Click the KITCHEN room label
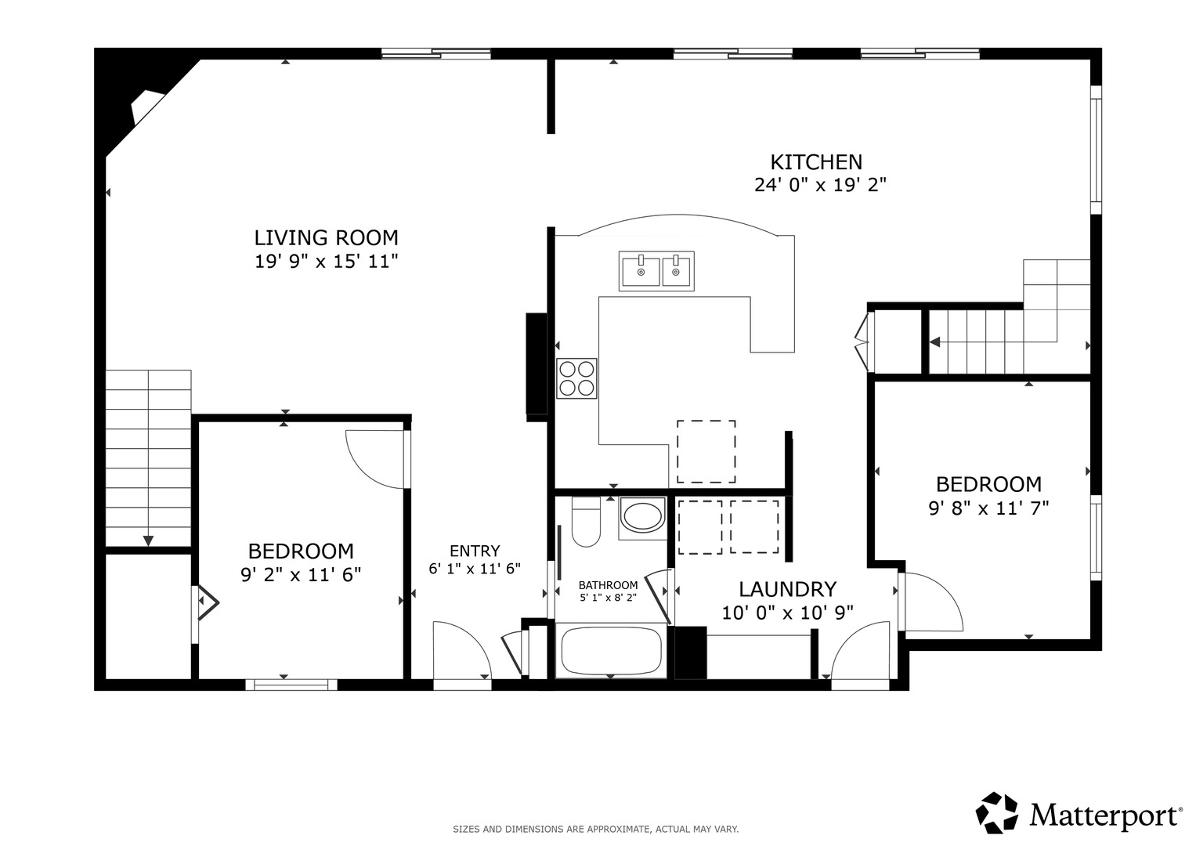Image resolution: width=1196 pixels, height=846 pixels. click(816, 162)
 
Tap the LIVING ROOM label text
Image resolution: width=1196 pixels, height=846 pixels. click(327, 237)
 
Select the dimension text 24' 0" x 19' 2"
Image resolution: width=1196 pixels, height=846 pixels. click(820, 185)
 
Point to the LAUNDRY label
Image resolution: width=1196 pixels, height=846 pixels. click(788, 589)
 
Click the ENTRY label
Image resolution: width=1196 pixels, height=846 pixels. click(475, 551)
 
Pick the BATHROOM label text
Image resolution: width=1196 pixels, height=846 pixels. click(608, 585)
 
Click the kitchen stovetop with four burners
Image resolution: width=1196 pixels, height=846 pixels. click(576, 378)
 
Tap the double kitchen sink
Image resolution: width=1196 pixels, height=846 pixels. click(656, 271)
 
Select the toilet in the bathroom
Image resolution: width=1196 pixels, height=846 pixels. click(586, 522)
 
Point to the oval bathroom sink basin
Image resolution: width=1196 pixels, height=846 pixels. click(643, 516)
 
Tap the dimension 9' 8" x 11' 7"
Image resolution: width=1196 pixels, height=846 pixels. click(989, 508)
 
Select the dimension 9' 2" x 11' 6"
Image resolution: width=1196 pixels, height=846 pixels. click(301, 575)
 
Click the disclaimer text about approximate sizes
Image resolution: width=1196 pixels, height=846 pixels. click(596, 830)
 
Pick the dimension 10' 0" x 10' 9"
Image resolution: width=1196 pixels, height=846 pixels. click(788, 613)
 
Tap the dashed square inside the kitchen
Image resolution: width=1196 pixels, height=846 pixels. click(706, 451)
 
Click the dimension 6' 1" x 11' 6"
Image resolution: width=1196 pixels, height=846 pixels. click(475, 569)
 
